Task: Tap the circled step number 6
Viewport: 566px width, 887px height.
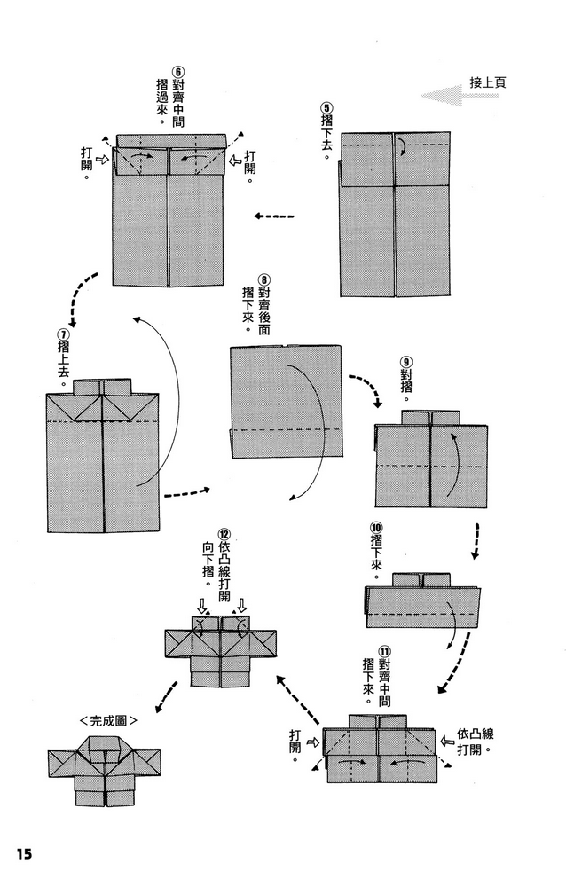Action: pos(178,73)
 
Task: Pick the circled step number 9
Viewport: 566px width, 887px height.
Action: pos(406,361)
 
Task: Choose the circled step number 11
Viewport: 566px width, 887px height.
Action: pos(383,658)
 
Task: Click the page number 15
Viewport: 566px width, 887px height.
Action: pos(23,853)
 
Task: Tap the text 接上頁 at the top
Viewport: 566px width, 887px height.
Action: pos(487,82)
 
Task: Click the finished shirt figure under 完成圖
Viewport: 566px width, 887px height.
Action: pos(105,770)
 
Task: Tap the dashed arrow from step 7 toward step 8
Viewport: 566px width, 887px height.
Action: pos(189,491)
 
